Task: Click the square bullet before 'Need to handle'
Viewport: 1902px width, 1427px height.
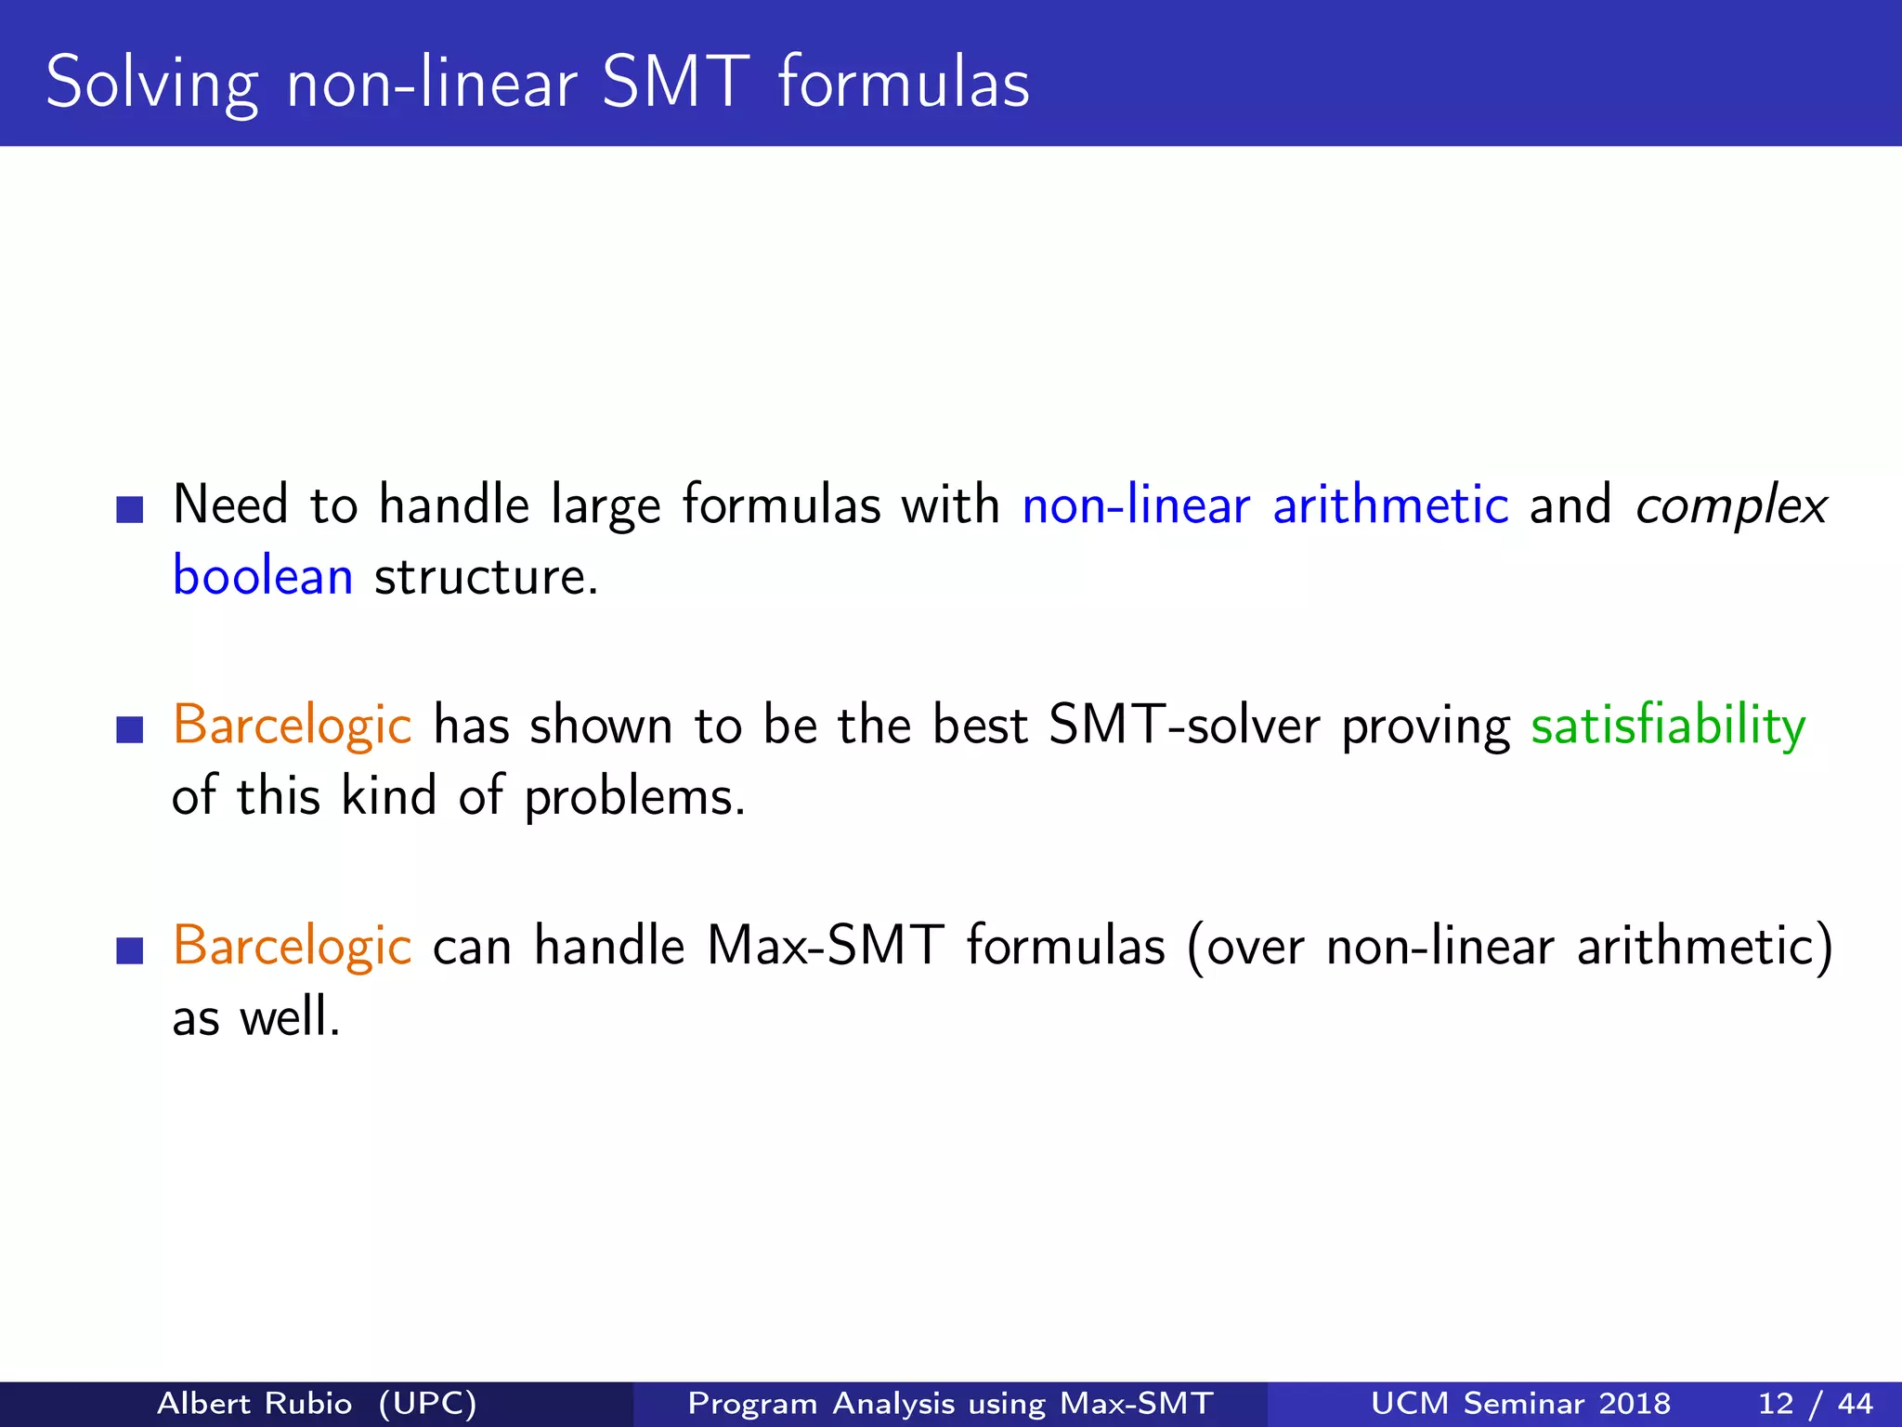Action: coord(130,509)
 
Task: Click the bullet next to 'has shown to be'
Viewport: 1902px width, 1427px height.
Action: coord(130,729)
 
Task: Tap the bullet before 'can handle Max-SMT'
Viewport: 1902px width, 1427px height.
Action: coord(130,950)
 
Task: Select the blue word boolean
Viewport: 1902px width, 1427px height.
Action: coord(263,577)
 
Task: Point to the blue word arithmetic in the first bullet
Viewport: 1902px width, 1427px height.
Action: coord(1390,506)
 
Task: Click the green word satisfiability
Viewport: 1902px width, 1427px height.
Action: coord(1668,727)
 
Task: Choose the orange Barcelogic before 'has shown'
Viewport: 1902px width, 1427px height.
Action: coord(292,727)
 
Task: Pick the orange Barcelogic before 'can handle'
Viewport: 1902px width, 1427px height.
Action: coord(292,947)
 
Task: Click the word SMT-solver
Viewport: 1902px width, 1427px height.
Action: coord(1183,727)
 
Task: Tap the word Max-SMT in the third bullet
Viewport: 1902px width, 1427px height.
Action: coord(826,947)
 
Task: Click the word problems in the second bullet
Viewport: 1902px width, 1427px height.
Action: coord(634,798)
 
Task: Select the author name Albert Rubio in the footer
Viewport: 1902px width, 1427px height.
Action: coord(254,1403)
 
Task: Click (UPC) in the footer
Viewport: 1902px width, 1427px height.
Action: coord(427,1403)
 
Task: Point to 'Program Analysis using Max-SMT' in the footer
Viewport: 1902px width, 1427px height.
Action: coord(950,1403)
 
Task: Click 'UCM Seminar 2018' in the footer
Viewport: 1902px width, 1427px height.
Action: coord(1520,1403)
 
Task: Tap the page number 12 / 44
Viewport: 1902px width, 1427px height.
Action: coord(1815,1403)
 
